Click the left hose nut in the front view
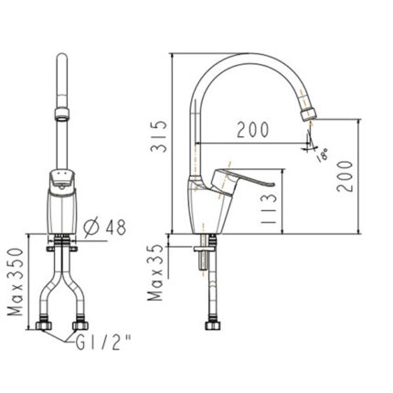45,325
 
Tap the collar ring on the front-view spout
61,114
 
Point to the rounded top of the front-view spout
61,58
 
